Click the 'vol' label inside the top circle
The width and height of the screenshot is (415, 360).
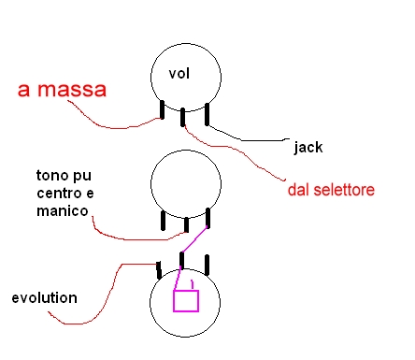pos(179,74)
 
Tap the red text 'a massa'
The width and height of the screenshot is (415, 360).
pos(63,90)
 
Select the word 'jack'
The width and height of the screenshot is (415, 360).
pos(308,147)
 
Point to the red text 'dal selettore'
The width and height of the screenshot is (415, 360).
pos(331,190)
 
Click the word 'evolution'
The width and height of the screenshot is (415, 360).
pos(45,298)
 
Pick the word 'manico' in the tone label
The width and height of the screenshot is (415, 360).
pos(63,211)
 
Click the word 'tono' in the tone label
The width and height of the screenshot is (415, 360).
pos(51,175)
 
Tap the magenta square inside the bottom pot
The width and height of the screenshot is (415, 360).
pos(186,301)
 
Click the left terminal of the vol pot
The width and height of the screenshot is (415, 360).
pos(162,109)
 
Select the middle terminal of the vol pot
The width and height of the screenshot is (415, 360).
pos(183,117)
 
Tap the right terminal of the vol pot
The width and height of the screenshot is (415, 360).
pos(207,114)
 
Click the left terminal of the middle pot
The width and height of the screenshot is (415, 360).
pos(163,221)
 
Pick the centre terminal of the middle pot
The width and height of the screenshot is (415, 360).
pos(186,224)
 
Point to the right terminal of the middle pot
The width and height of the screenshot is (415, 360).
pos(208,218)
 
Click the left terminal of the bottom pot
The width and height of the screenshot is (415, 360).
pos(159,270)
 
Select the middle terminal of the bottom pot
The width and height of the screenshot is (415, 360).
pos(182,261)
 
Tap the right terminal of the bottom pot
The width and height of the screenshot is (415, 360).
pos(207,265)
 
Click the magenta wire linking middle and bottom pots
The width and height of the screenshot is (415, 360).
pos(194,239)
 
